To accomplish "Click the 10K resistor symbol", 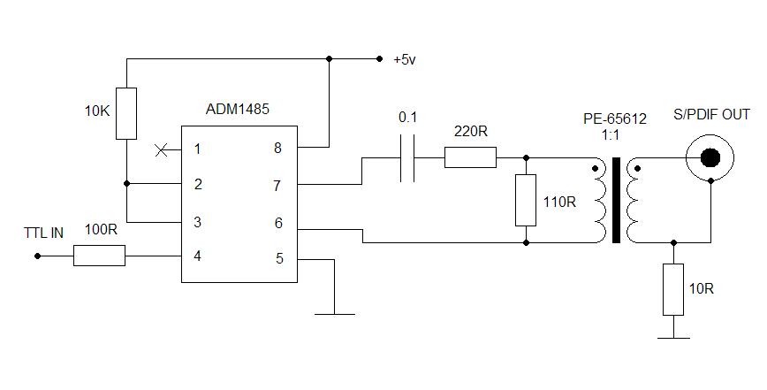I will (126, 112).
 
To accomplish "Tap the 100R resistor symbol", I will (99, 256).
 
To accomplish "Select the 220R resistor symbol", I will (470, 157).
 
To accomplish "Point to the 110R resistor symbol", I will (526, 200).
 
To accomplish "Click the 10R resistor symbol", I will (673, 289).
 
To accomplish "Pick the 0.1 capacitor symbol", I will (406, 157).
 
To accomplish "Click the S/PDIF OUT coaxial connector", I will (710, 157).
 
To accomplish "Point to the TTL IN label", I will (43, 233).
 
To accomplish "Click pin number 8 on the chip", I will (277, 149).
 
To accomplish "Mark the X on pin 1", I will (161, 149).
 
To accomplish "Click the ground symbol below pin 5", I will (335, 312).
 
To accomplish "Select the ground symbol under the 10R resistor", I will (673, 336).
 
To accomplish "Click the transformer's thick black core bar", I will (616, 200).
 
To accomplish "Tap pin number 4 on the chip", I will (198, 256).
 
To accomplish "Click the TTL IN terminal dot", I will (38, 256).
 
